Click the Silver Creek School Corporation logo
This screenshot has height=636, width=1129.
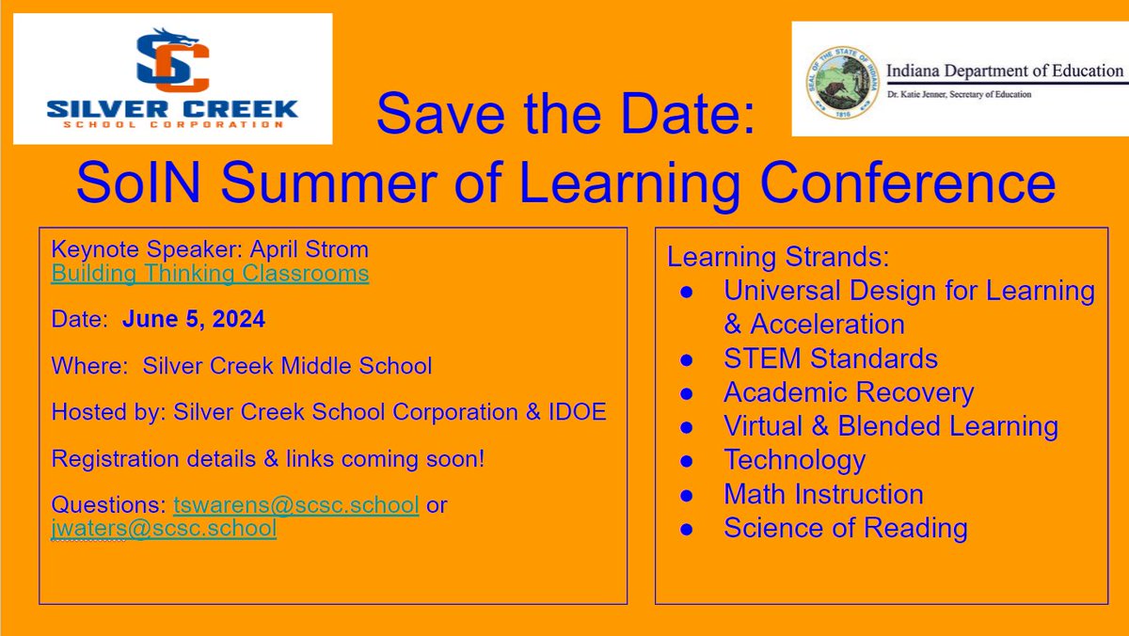(172, 79)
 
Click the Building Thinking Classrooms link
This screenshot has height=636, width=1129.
(210, 274)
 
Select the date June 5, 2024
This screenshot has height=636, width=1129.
(194, 320)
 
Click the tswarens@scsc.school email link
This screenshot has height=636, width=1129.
(296, 504)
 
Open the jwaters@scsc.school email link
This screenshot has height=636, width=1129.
(164, 528)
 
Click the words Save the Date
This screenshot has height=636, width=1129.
(564, 115)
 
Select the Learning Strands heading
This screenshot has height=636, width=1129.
(777, 257)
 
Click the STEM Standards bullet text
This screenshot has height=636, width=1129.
(831, 358)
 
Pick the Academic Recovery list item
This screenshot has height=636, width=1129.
(849, 392)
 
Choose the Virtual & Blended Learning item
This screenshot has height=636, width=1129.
(891, 426)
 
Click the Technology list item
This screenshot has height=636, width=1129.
(794, 460)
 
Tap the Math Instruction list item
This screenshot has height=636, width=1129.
(823, 494)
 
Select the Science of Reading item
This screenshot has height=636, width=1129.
(845, 528)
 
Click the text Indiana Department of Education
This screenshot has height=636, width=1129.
(1004, 72)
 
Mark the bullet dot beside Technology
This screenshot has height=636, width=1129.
(688, 461)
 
